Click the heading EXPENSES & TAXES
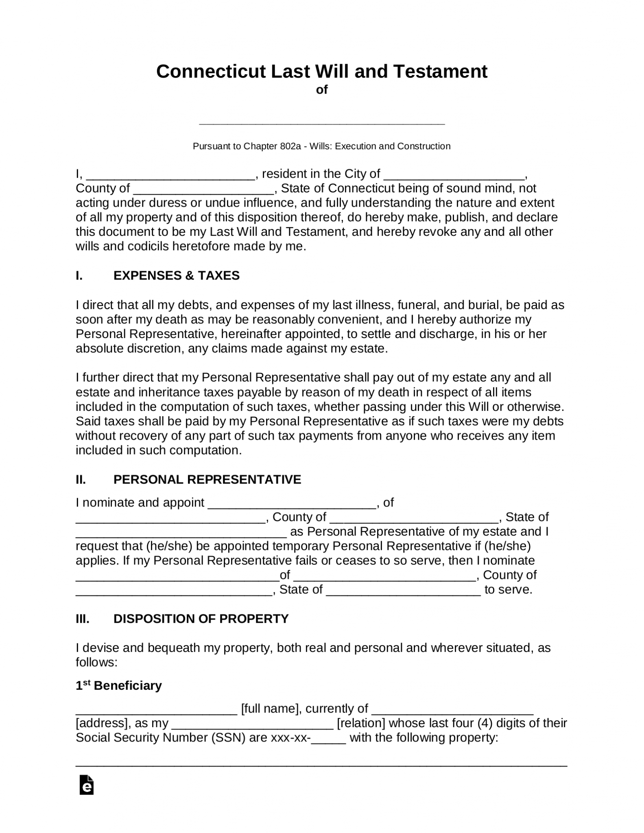tap(176, 276)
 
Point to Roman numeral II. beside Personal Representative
tap(81, 480)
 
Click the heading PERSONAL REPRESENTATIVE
tap(207, 480)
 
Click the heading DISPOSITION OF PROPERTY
tap(201, 619)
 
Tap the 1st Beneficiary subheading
tap(118, 686)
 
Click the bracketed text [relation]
tap(361, 724)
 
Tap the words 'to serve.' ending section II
tap(508, 590)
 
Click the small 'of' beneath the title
tap(321, 90)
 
